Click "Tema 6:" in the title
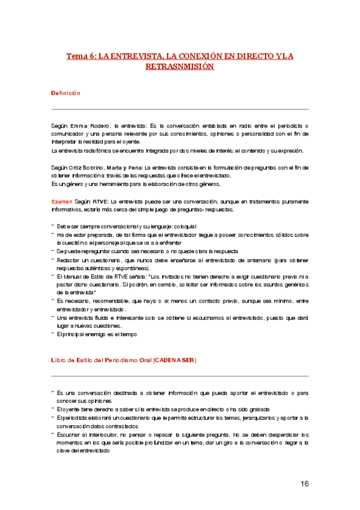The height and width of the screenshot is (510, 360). click(x=81, y=57)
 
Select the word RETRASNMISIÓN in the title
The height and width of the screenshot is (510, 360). click(x=180, y=67)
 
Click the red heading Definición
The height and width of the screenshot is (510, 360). click(x=66, y=93)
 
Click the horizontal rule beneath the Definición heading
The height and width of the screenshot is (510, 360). click(x=180, y=109)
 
